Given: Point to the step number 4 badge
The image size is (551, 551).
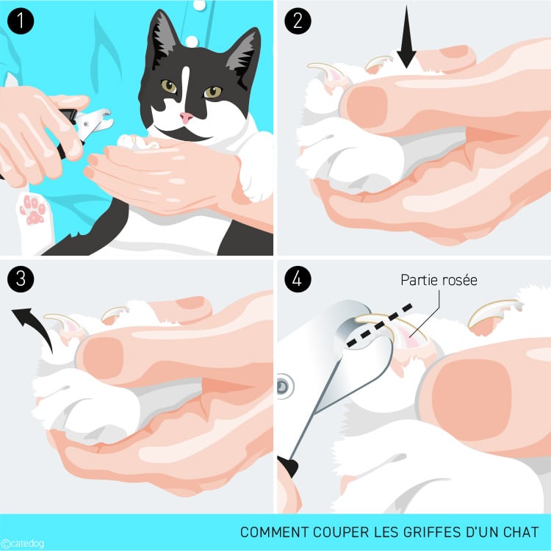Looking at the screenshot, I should tap(297, 281).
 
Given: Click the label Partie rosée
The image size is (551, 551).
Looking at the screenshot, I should tap(439, 280).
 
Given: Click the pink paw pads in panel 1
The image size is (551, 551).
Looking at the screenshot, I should tap(32, 209).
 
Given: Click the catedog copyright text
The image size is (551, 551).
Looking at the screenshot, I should tap(24, 543).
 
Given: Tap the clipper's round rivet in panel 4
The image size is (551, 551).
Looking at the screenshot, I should tap(284, 383).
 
